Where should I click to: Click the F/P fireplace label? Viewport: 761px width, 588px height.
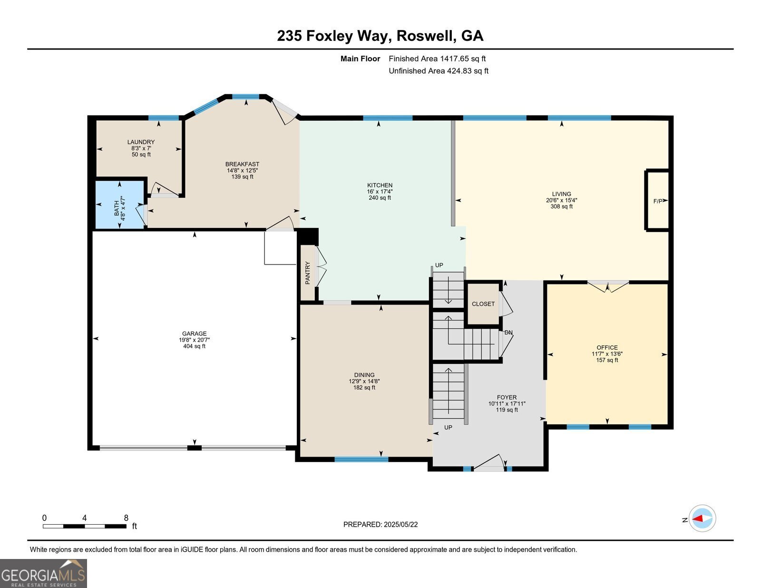pyautogui.click(x=658, y=201)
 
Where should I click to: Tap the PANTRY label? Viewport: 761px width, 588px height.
pyautogui.click(x=307, y=273)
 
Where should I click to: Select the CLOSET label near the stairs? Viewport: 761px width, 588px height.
pyautogui.click(x=483, y=304)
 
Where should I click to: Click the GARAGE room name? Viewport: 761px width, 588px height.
pyautogui.click(x=195, y=334)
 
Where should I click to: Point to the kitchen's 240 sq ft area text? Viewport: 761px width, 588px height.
pyautogui.click(x=380, y=198)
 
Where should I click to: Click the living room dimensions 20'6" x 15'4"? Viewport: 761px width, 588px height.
pyautogui.click(x=561, y=200)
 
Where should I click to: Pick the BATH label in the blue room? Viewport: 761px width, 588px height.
pyautogui.click(x=116, y=208)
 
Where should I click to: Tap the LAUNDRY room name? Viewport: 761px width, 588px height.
pyautogui.click(x=141, y=142)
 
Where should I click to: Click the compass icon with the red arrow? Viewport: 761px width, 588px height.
pyautogui.click(x=702, y=519)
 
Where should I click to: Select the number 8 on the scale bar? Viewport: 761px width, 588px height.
pyautogui.click(x=126, y=518)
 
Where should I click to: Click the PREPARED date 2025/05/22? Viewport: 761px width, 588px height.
pyautogui.click(x=400, y=525)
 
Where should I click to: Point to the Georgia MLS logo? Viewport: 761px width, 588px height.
pyautogui.click(x=43, y=573)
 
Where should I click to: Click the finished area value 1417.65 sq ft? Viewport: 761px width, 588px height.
pyautogui.click(x=463, y=59)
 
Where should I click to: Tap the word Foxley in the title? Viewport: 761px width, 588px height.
pyautogui.click(x=330, y=36)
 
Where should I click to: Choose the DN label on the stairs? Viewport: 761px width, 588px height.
pyautogui.click(x=508, y=333)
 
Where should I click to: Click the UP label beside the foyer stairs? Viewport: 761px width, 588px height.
pyautogui.click(x=448, y=428)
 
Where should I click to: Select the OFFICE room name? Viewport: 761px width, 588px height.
pyautogui.click(x=607, y=348)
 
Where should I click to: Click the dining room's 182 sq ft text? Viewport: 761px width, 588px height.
pyautogui.click(x=364, y=388)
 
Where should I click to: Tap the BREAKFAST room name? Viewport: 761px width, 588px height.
pyautogui.click(x=242, y=164)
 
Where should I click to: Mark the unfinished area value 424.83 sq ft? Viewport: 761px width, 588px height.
pyautogui.click(x=468, y=71)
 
